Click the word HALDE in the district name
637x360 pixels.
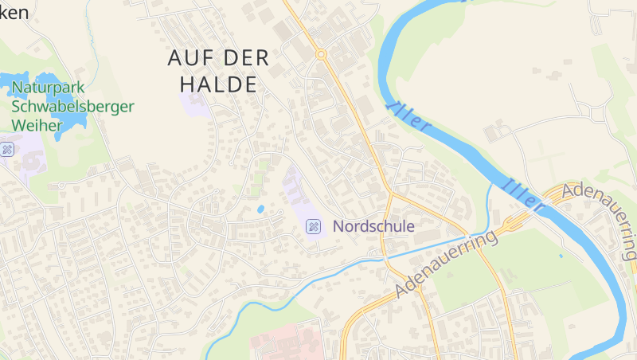click(218, 84)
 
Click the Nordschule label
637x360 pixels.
click(373, 226)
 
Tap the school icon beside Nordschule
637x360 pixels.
click(314, 227)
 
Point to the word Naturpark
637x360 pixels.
click(49, 88)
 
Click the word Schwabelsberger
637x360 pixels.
click(72, 107)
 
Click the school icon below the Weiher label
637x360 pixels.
click(6, 149)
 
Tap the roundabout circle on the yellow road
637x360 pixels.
click(321, 54)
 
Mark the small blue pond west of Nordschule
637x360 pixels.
click(260, 209)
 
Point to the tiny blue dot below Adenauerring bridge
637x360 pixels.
click(561, 256)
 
